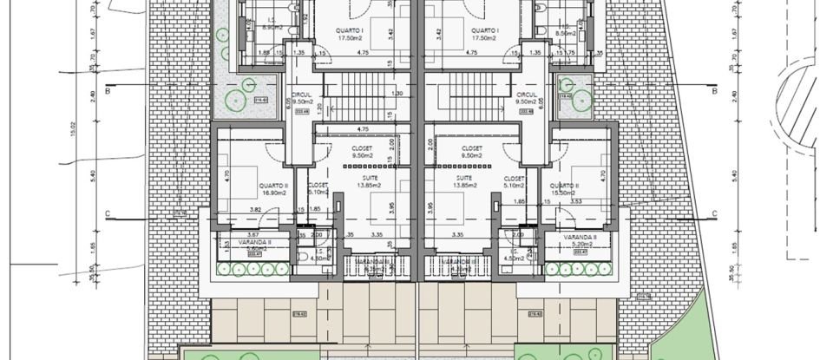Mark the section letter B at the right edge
point(713,89)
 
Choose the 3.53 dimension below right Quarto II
point(575,200)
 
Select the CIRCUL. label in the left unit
point(302,95)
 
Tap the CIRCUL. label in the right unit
point(527,95)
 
